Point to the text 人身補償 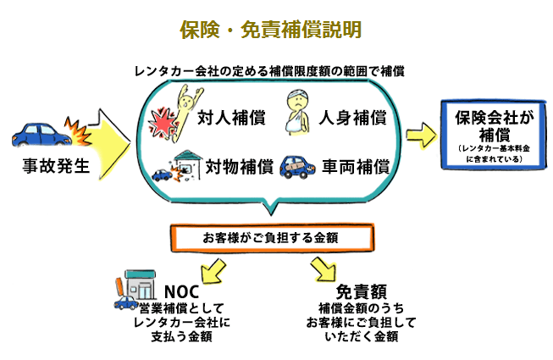point(354,117)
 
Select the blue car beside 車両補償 point(297,165)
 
